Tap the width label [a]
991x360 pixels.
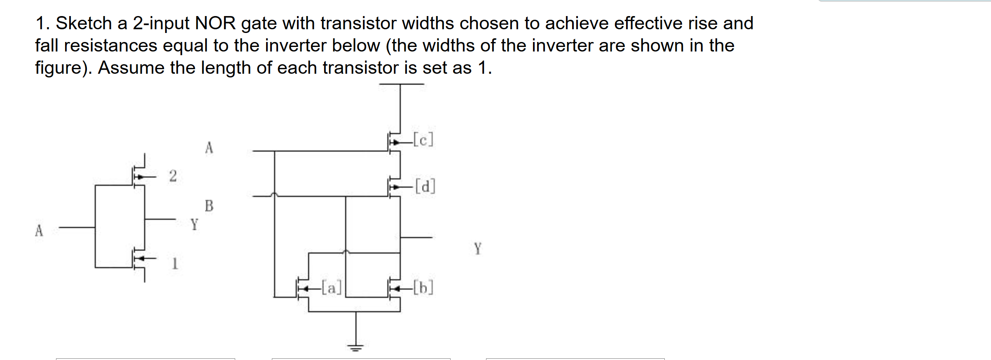click(x=332, y=287)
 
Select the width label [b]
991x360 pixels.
click(x=423, y=287)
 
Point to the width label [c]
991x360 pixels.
click(x=423, y=140)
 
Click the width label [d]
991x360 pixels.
click(x=425, y=186)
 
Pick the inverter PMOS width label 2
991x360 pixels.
click(x=173, y=176)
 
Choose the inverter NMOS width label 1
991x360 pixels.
click(x=175, y=263)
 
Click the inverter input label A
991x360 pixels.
click(x=39, y=230)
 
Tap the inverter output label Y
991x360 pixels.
click(x=194, y=224)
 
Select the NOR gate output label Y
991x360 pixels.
click(x=477, y=248)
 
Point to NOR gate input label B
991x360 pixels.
click(x=209, y=206)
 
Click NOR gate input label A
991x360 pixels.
click(x=209, y=147)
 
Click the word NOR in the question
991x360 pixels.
click(x=215, y=23)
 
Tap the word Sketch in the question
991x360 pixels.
click(x=84, y=23)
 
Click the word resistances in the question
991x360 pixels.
click(x=110, y=46)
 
